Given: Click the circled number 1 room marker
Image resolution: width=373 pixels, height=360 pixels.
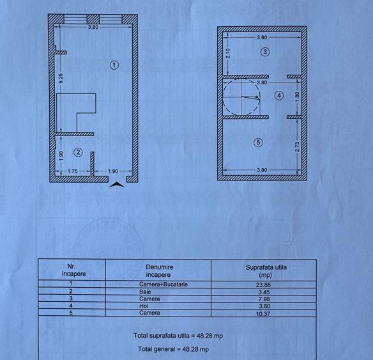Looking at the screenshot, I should [x=114, y=64].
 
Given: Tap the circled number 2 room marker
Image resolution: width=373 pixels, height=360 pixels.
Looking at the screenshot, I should [x=78, y=152].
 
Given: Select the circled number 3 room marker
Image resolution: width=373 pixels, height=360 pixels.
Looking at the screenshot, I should [x=265, y=51].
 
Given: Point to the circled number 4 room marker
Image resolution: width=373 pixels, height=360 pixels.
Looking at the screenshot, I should [x=278, y=95].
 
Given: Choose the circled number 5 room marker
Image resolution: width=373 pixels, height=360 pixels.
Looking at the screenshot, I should [x=258, y=143].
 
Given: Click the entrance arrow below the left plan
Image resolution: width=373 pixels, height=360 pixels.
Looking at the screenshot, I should [x=117, y=185].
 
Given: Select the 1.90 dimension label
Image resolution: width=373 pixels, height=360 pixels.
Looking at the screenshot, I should [x=112, y=171].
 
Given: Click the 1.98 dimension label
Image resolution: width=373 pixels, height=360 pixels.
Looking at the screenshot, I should [x=60, y=153].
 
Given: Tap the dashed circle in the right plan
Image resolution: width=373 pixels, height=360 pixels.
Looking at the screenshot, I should [x=241, y=97].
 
